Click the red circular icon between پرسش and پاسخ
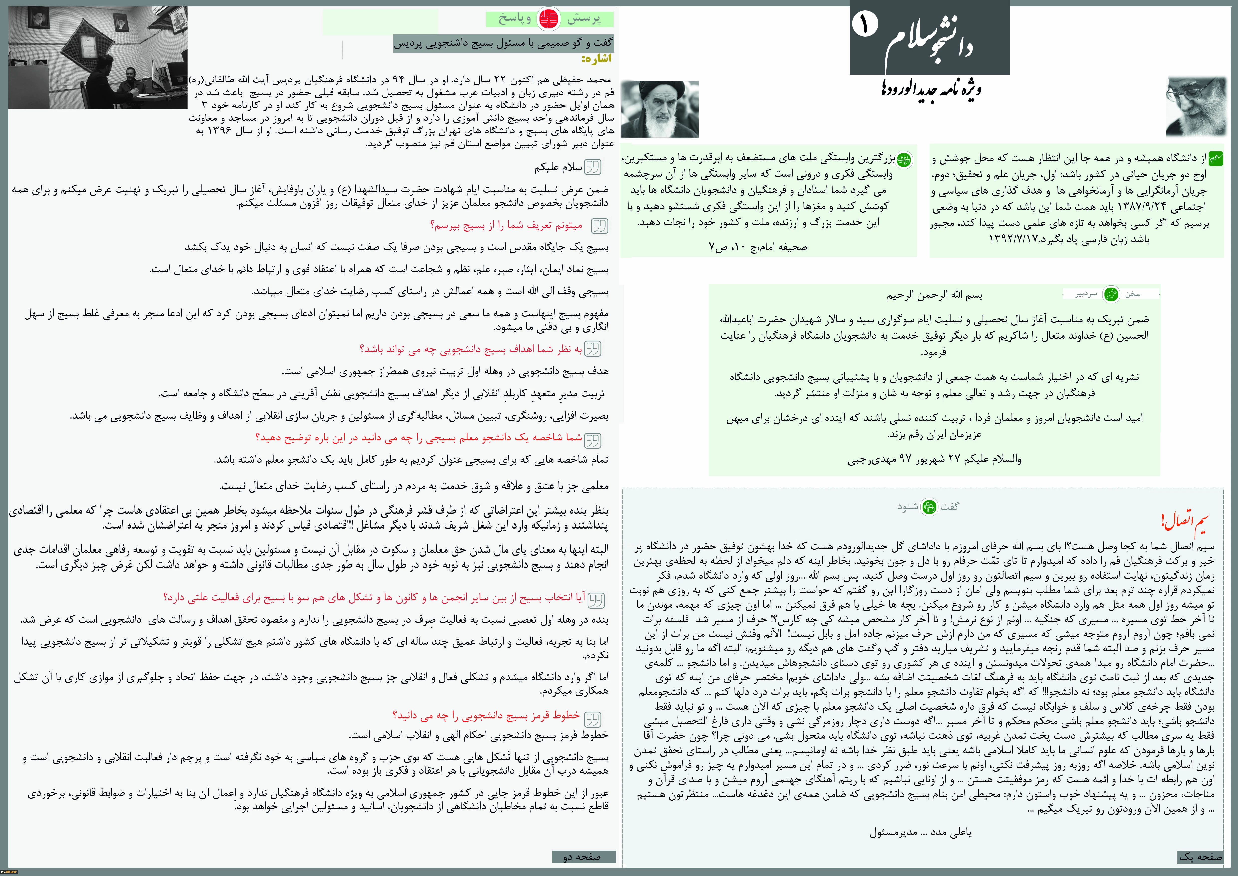tap(549, 19)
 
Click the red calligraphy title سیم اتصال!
tap(1184, 522)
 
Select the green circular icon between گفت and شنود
tap(929, 507)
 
